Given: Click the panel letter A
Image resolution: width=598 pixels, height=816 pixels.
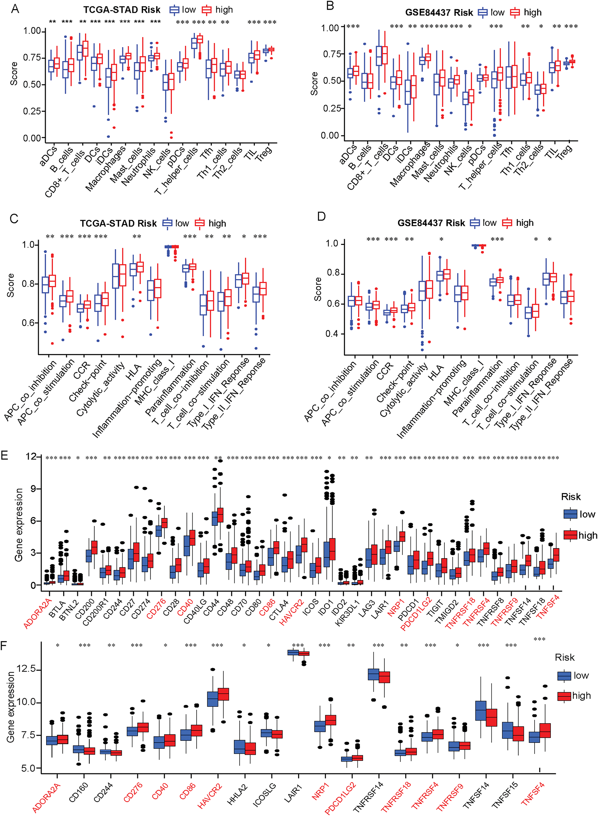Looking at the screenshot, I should coord(15,9).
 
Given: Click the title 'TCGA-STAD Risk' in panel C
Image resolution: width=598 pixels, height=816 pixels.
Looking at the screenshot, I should coord(118,223).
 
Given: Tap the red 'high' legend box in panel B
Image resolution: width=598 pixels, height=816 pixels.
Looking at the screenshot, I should coord(515,13).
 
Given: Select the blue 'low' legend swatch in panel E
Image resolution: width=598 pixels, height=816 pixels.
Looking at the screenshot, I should coord(570,514).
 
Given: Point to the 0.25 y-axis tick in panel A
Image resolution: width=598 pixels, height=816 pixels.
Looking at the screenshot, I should coord(32,111).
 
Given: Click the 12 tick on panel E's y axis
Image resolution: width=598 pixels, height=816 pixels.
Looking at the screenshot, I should coord(31,457).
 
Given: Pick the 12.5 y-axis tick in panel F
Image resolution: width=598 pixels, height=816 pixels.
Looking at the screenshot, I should coord(26,669).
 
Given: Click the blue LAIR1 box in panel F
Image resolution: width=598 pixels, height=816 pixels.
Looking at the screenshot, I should coord(293,652).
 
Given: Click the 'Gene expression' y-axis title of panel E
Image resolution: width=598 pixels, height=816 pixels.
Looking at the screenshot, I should coord(19,525).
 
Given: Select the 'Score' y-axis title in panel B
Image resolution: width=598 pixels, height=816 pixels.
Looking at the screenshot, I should coord(314,84).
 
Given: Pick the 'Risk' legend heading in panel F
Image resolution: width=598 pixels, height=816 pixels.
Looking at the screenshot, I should coord(565,657).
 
